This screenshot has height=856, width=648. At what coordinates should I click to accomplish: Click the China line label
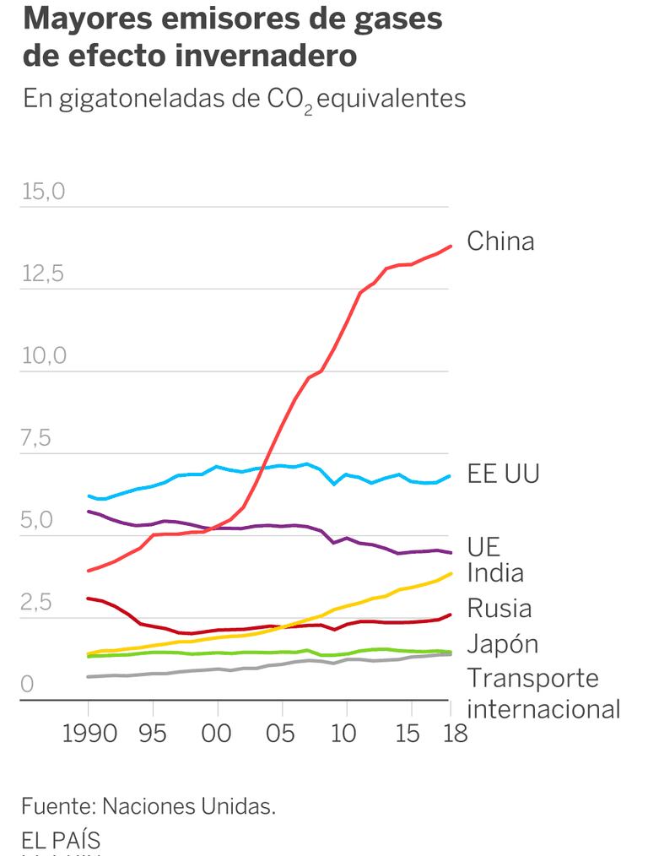500,241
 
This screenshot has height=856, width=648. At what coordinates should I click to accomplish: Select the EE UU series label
503,474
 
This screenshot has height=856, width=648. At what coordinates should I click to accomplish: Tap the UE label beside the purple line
483,545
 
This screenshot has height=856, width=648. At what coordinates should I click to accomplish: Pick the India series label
495,573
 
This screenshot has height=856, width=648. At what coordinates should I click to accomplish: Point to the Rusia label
499,608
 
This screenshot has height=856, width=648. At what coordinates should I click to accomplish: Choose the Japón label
502,643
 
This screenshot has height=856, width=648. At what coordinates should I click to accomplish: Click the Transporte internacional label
543,693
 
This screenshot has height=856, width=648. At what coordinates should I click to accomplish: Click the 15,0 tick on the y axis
43,192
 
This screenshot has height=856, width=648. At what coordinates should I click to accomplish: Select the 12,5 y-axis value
43,274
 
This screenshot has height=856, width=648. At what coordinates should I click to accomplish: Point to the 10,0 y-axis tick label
43,355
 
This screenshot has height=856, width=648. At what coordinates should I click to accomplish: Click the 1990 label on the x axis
89,734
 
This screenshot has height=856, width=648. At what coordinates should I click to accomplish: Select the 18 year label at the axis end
455,734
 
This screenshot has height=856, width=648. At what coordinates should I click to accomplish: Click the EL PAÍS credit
61,841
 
